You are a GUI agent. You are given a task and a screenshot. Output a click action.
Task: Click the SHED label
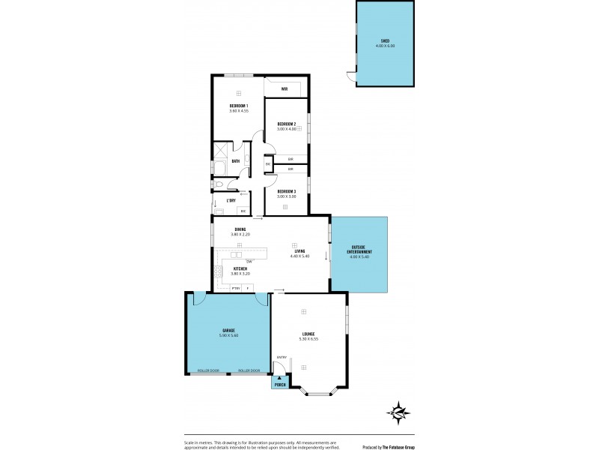point(385,41)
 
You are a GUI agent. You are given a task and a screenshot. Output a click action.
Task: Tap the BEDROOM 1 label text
point(239,106)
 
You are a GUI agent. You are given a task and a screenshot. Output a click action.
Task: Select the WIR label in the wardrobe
point(285,88)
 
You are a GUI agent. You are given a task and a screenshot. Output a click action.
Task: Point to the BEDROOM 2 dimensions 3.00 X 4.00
point(287,128)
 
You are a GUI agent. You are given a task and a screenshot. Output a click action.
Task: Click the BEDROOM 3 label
point(287,191)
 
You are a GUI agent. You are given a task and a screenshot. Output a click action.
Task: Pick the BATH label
point(236,161)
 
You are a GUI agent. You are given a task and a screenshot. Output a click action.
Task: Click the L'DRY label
point(232,200)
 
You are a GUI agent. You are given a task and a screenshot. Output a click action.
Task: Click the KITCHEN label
point(240,268)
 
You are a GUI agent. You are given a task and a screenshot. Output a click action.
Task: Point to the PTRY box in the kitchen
point(235,288)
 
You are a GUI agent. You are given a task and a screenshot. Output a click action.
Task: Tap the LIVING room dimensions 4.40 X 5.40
point(299,256)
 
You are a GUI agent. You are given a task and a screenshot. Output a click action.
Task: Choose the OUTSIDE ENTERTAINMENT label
point(359,252)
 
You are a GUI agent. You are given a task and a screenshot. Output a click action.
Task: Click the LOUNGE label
point(308,334)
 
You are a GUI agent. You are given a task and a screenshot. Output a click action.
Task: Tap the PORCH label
point(280,385)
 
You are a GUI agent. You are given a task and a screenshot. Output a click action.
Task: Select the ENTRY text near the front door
point(282,357)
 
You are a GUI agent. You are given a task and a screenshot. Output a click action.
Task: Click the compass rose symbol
point(398,412)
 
